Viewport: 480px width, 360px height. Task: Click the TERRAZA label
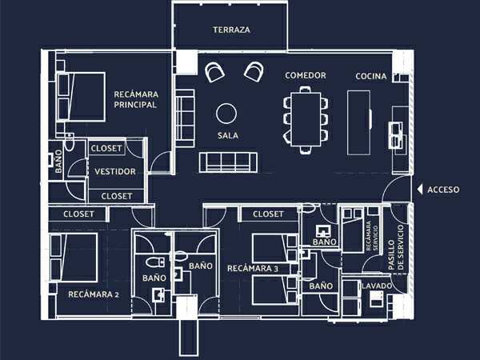click(231, 30)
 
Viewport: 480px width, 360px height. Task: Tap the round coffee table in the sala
click(226, 114)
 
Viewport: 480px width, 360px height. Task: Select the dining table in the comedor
click(306, 119)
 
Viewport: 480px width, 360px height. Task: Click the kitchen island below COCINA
click(358, 122)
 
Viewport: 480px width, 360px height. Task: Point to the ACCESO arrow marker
click(420, 190)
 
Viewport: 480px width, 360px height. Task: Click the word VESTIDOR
click(115, 171)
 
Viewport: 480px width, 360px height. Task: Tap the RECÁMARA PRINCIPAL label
click(136, 99)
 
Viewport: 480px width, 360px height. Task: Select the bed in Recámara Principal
click(81, 97)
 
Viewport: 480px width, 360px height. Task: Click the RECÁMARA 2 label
click(94, 294)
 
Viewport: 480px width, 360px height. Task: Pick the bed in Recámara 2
click(74, 257)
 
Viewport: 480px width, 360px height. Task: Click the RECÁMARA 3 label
click(253, 269)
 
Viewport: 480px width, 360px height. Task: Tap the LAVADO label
click(377, 286)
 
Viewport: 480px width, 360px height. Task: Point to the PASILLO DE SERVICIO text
click(395, 248)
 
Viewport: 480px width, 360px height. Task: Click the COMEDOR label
click(306, 75)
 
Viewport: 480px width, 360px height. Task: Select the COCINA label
click(371, 76)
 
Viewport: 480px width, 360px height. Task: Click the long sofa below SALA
click(228, 162)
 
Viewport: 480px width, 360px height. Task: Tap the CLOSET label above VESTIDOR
click(106, 149)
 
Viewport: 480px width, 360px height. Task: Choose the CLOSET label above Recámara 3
click(268, 214)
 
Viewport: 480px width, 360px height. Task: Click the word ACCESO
click(443, 190)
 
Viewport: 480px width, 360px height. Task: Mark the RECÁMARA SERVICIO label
click(372, 236)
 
